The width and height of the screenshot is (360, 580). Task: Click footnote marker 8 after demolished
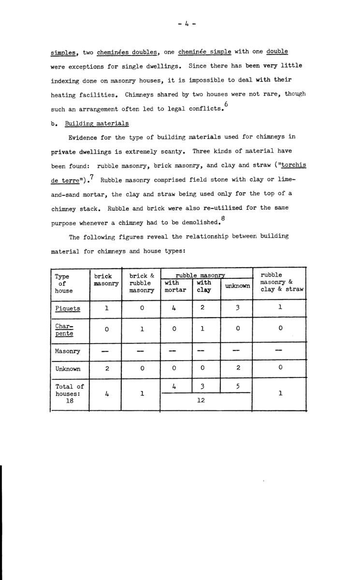tap(222, 218)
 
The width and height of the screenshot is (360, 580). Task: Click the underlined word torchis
tap(293, 165)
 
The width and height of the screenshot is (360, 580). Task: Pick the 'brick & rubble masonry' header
tap(141, 284)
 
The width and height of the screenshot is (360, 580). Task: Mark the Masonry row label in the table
tap(68, 351)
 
